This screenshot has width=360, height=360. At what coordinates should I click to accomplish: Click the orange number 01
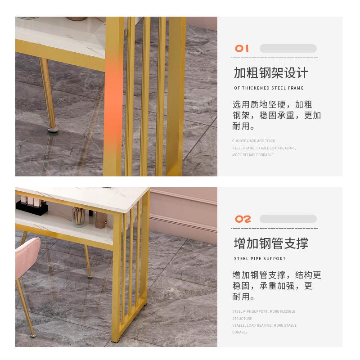tap(242, 49)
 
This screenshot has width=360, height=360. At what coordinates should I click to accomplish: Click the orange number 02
tap(243, 219)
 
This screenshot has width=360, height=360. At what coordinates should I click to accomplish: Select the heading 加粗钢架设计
tap(271, 73)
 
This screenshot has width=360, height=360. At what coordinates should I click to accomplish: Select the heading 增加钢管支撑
tap(271, 243)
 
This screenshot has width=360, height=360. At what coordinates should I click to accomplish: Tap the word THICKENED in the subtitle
tap(257, 88)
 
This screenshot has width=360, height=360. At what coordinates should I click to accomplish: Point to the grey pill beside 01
tap(288, 49)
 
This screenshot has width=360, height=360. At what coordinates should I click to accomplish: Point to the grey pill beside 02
tap(288, 219)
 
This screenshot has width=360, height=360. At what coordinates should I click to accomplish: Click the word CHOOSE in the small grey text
tap(239, 141)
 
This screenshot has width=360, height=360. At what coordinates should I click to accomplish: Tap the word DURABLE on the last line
tap(240, 332)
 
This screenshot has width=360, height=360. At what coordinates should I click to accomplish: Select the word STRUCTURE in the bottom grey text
tap(242, 319)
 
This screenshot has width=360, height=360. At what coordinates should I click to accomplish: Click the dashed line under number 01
tap(275, 58)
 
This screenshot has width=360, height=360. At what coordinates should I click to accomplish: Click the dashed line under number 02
tap(275, 229)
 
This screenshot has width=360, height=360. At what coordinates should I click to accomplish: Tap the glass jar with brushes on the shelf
tap(79, 217)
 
